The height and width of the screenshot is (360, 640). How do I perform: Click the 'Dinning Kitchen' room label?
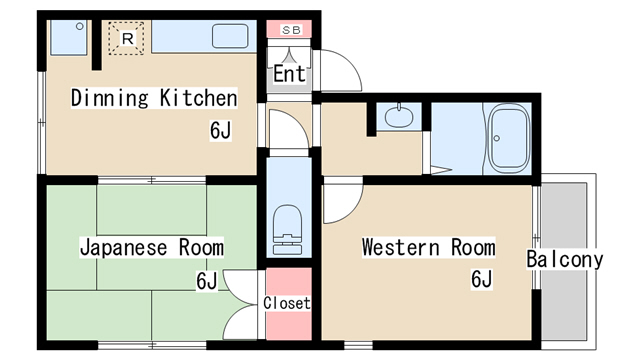point(153,98)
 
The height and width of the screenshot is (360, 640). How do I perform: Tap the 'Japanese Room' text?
point(151,247)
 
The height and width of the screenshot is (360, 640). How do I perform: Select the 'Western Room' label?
point(428,246)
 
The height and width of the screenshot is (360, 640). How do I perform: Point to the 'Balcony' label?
point(565,260)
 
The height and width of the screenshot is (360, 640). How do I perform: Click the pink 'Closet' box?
point(287,303)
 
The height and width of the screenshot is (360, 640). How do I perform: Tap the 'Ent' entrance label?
point(289,74)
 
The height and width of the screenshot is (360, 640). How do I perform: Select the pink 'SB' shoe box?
point(290,30)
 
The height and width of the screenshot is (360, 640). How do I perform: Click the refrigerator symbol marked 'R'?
point(127,39)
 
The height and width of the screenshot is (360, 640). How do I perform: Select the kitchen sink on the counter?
point(232,36)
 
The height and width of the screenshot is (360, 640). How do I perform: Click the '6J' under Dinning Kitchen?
point(221,130)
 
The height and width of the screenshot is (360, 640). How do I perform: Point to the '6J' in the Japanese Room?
point(207,281)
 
